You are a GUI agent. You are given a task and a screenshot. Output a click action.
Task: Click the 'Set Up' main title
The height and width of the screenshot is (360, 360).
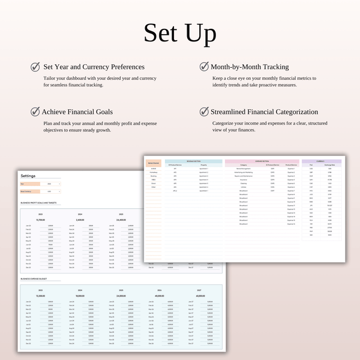[180, 34]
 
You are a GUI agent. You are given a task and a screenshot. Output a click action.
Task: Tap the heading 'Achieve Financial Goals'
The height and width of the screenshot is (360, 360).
[77, 112]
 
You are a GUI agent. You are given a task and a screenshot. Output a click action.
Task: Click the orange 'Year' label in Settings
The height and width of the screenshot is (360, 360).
[29, 184]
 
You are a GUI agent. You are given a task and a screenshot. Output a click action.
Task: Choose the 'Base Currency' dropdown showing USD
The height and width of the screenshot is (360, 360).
[50, 191]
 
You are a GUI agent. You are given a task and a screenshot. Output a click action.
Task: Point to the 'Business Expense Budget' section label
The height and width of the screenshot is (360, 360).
[34, 279]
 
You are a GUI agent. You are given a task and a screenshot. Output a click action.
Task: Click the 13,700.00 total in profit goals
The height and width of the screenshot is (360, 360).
[41, 220]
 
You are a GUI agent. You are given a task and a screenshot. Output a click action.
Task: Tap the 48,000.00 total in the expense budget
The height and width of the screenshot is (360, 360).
[158, 296]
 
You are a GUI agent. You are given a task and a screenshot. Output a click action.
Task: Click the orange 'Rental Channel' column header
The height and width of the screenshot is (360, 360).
[153, 162]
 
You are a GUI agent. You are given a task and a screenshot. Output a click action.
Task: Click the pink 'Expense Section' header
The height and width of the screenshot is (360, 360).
[262, 161]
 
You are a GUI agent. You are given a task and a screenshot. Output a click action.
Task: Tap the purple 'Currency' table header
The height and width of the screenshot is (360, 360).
[321, 161]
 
